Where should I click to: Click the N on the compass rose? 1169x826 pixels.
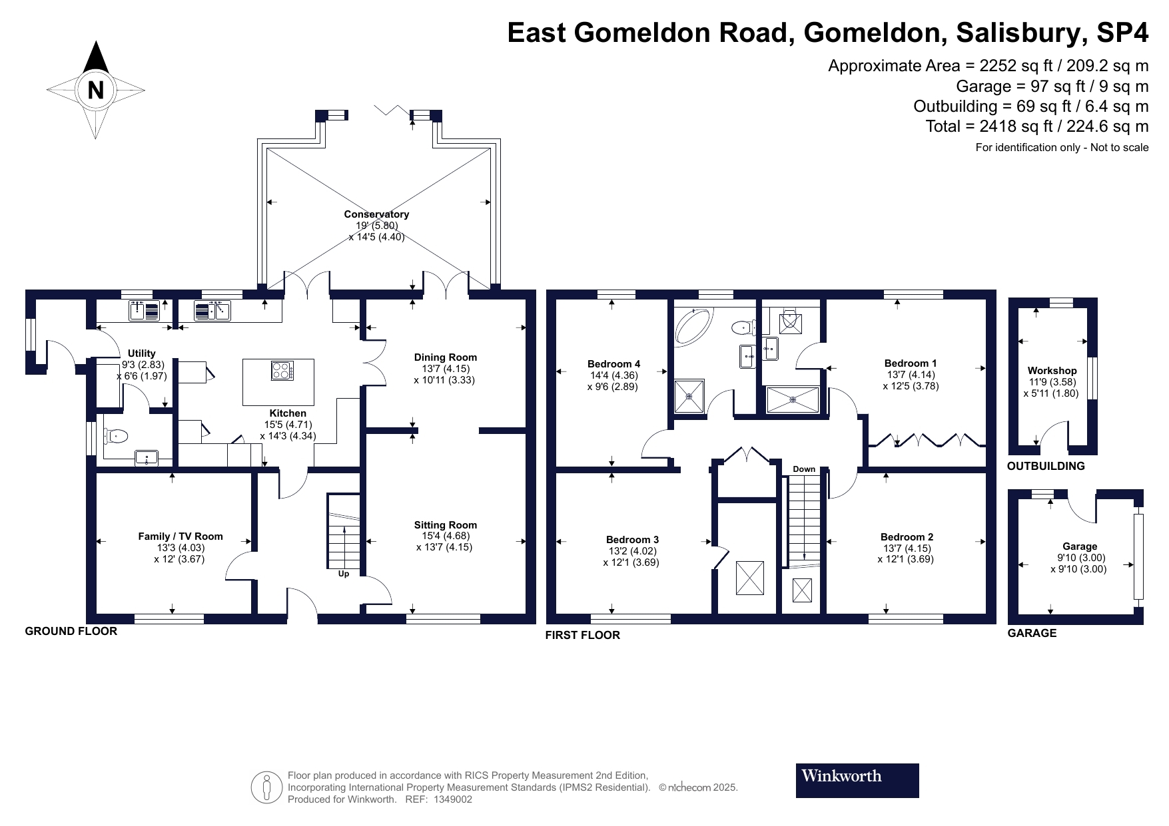click(96, 89)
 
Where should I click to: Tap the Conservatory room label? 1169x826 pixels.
click(376, 214)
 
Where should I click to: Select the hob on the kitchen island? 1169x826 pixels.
click(282, 370)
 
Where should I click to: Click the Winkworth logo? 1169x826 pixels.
click(857, 780)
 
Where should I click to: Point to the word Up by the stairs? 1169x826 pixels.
click(344, 574)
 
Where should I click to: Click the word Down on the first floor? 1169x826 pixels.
click(804, 469)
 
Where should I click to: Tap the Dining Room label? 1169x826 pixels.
click(446, 357)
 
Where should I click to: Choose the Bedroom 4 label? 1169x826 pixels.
click(614, 364)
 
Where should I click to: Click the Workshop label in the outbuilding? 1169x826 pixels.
click(1052, 371)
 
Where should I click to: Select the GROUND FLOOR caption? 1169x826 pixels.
click(71, 631)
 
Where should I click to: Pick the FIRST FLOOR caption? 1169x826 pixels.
click(583, 635)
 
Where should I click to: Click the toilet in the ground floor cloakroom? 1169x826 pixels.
click(116, 436)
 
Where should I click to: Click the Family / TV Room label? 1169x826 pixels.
click(181, 536)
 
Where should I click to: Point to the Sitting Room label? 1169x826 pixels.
click(446, 525)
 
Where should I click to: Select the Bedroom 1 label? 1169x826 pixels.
click(911, 363)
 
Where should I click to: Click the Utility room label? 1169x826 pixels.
click(142, 353)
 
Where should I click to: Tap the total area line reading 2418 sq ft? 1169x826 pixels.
click(1037, 126)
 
